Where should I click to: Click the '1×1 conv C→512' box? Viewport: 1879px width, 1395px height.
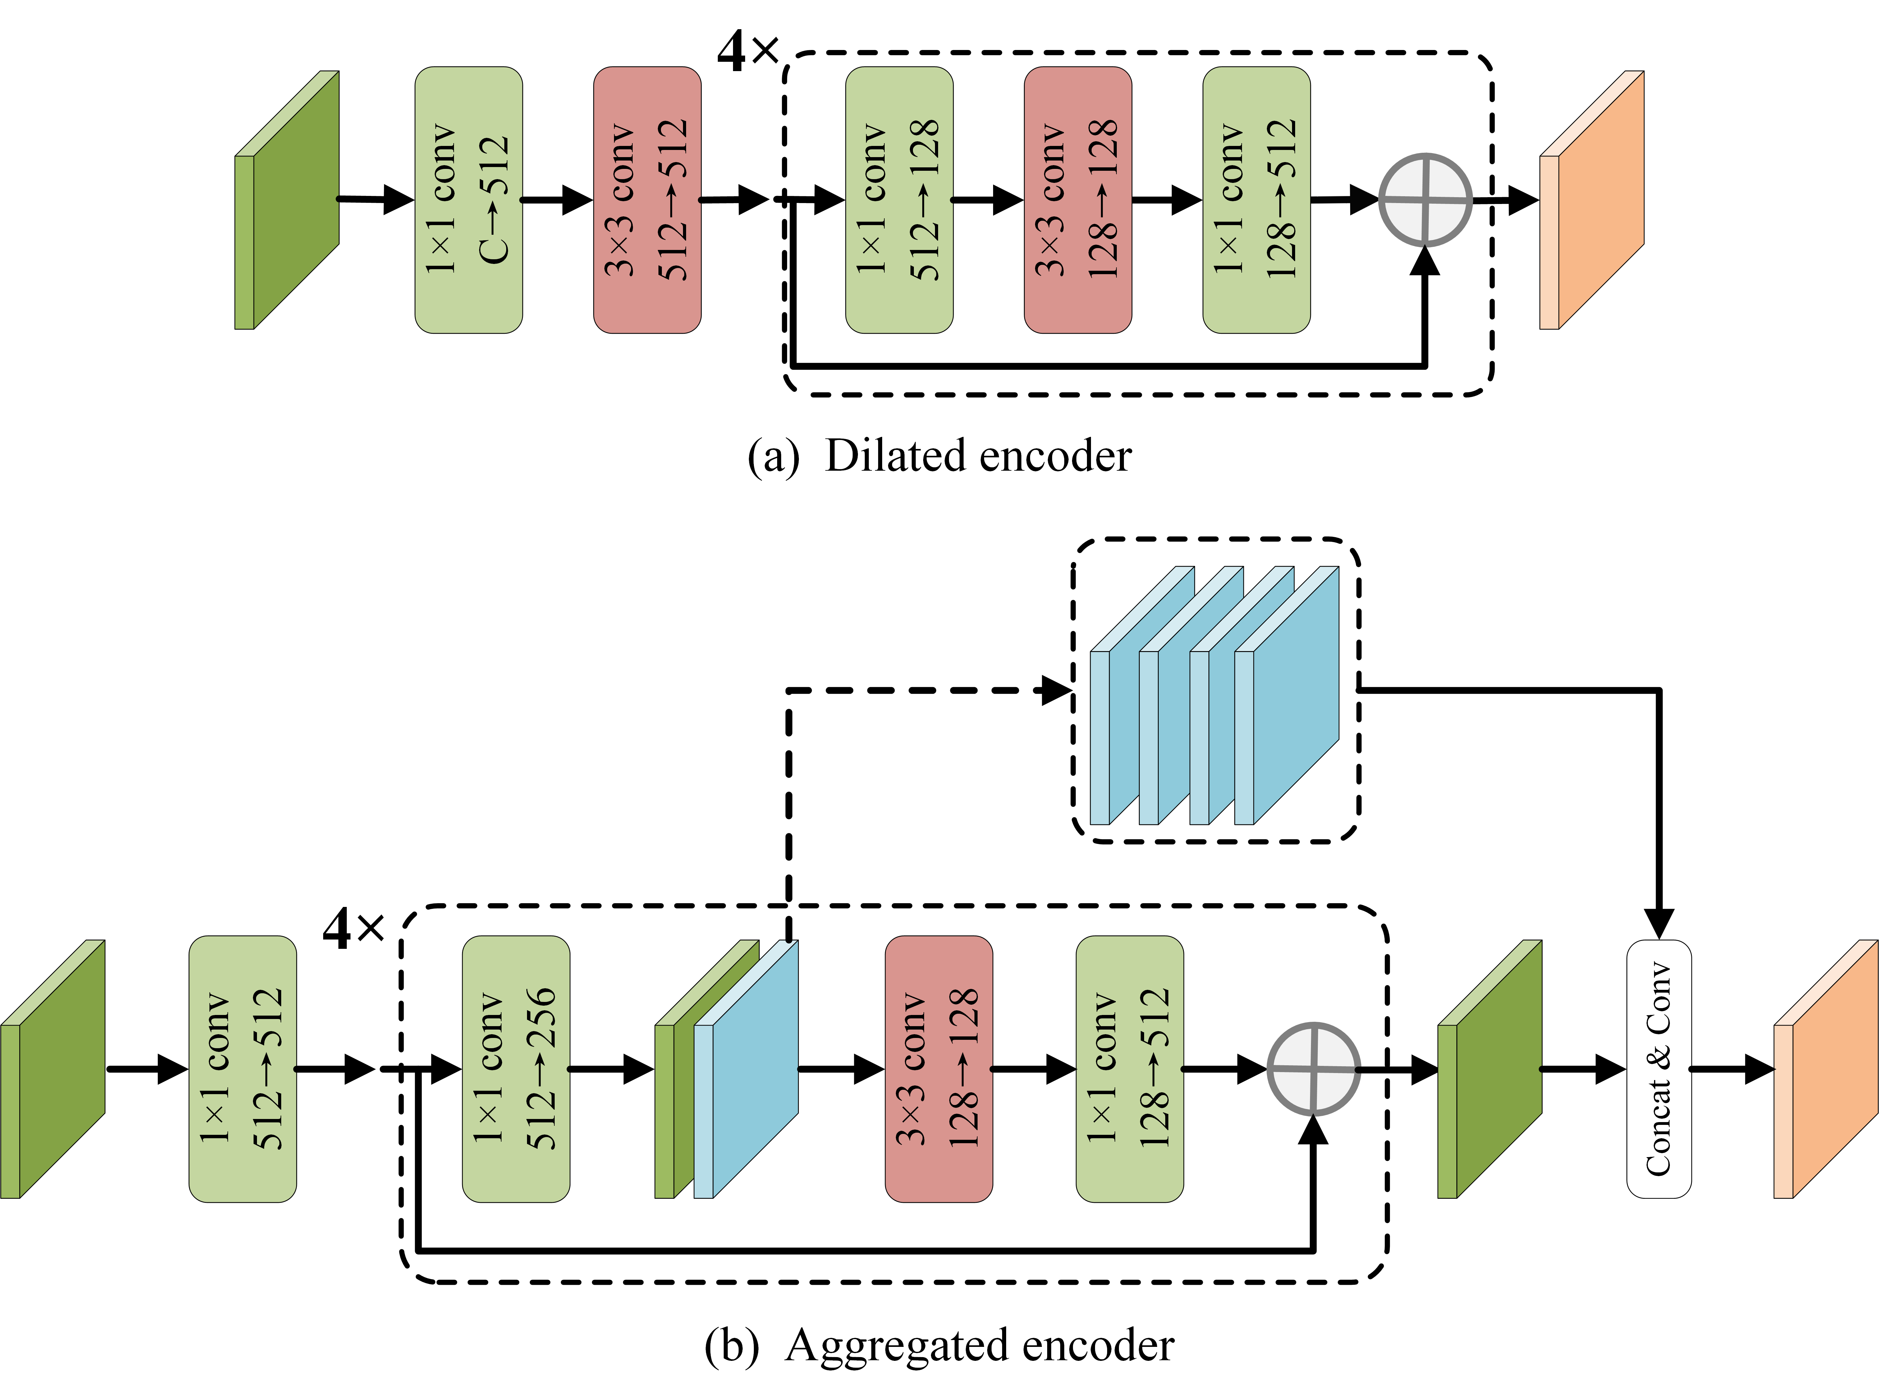click(x=468, y=200)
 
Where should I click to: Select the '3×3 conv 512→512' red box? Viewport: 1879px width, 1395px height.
click(x=647, y=200)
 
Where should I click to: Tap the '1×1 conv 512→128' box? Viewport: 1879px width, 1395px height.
click(x=899, y=200)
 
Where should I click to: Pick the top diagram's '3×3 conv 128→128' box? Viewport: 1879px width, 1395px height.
click(x=1077, y=200)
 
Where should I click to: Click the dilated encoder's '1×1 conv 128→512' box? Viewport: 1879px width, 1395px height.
click(x=1256, y=200)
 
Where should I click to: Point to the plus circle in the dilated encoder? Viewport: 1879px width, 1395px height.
click(x=1425, y=200)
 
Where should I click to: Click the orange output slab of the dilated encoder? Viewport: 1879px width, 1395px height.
click(x=1593, y=200)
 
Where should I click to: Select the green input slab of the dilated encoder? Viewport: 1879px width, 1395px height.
click(x=287, y=200)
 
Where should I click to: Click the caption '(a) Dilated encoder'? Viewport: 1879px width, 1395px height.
click(x=940, y=456)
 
